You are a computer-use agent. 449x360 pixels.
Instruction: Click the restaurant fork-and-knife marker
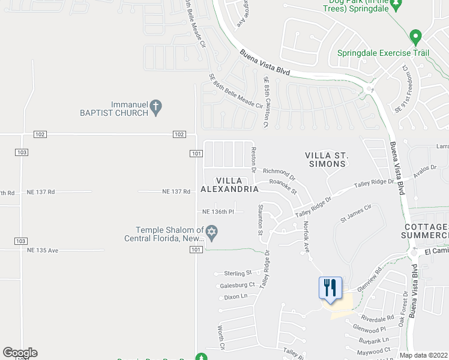tap(330, 287)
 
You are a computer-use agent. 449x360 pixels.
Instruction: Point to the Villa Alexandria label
tap(229, 185)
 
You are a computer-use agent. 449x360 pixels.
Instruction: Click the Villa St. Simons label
tap(327, 160)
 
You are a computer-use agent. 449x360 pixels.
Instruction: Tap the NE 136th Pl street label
tap(222, 212)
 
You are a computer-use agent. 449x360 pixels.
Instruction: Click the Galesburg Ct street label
tap(238, 285)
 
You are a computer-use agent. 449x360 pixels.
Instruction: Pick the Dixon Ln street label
tap(235, 296)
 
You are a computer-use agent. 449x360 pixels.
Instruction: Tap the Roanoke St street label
tap(283, 187)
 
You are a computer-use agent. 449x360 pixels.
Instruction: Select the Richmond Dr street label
tap(279, 174)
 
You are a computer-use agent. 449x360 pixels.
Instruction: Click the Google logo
tap(20, 353)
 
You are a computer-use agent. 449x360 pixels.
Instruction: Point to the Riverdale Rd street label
tap(378, 317)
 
